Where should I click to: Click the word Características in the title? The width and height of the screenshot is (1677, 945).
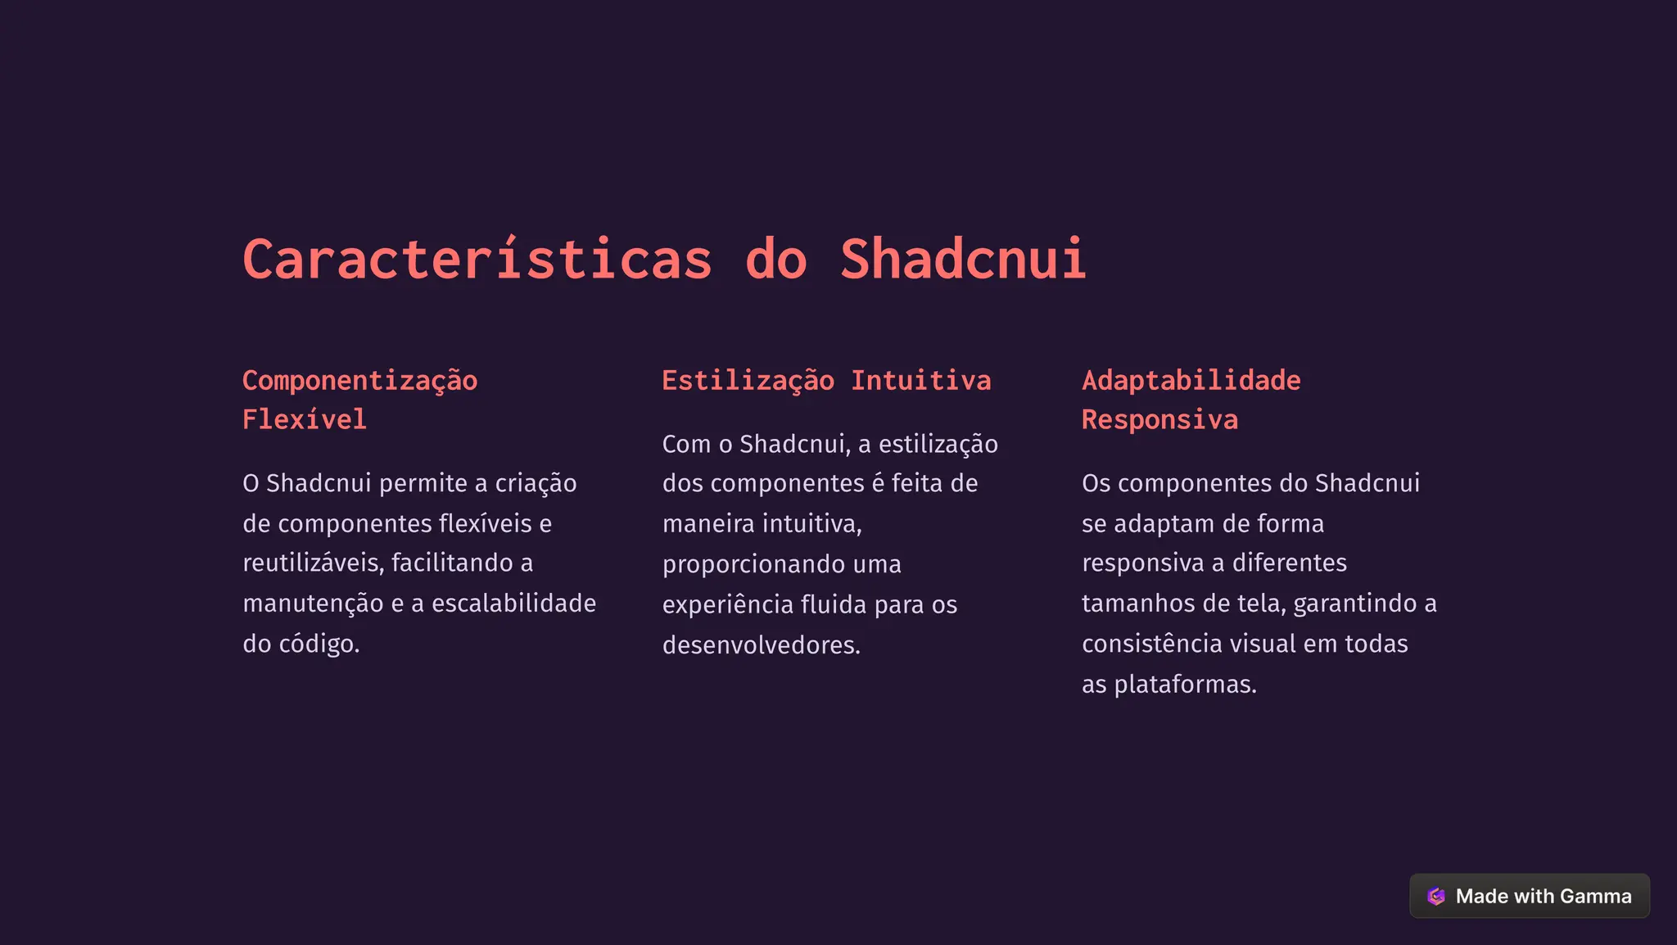(477, 260)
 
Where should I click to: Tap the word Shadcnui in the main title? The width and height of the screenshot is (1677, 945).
(963, 260)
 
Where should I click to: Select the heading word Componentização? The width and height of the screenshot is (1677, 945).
(359, 381)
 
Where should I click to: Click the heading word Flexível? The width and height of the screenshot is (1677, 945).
(304, 420)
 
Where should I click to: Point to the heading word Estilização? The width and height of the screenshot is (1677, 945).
(748, 381)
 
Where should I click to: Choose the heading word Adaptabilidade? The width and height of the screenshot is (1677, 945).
(1191, 381)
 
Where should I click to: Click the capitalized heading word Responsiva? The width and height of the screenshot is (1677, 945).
(1159, 420)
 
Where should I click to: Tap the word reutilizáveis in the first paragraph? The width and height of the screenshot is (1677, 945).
(312, 563)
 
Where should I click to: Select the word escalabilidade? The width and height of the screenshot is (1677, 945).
(513, 604)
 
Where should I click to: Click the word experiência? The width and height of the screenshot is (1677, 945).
(727, 604)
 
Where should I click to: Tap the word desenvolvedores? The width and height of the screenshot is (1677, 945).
(761, 645)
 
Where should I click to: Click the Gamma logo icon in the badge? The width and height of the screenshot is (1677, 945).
(1435, 896)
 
